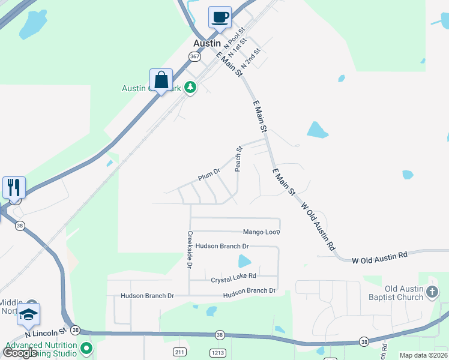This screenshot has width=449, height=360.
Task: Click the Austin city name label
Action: point(207,43)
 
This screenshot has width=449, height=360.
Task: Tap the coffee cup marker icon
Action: point(220,17)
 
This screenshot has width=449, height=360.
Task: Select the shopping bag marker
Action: point(161,80)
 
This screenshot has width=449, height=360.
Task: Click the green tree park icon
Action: point(190,88)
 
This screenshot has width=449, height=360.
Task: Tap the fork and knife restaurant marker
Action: point(14,187)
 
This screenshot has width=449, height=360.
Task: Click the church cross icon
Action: point(432,292)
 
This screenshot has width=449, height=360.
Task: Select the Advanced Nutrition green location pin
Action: point(87,348)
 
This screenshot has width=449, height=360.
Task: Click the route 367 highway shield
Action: point(194,56)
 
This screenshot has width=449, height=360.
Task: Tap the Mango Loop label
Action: point(261,232)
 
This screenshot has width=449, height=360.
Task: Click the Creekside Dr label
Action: point(190,249)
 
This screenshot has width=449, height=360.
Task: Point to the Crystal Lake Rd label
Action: point(234,278)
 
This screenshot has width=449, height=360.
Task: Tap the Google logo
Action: point(20,353)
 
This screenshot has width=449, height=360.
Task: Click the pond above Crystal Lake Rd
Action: point(244,261)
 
